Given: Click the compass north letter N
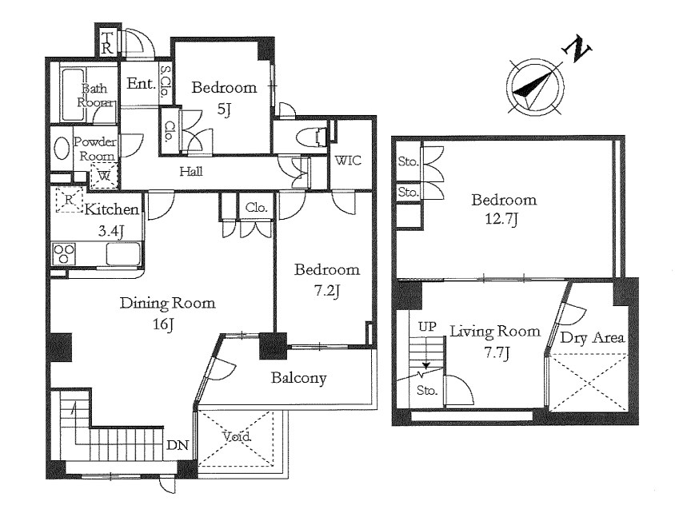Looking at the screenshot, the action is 577,50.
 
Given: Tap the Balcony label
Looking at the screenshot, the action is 298,378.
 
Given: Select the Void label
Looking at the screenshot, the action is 237,437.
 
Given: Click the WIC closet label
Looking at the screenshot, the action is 348,161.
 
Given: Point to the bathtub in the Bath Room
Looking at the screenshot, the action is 71,94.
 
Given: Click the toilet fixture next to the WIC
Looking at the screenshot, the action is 313,137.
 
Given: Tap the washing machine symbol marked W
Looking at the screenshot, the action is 104,176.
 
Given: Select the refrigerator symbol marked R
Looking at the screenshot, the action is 69,200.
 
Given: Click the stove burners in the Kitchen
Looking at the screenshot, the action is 64,253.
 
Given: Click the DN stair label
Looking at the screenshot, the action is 178,445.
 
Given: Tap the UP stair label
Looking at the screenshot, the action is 427,327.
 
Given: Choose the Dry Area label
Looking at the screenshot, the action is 592,338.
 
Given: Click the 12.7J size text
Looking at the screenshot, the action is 501,220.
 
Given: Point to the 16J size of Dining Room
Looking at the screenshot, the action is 162,324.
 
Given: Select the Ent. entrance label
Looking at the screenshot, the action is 141,83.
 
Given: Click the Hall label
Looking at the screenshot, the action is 191,172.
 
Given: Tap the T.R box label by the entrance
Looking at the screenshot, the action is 106,42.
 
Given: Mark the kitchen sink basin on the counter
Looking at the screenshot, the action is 122,254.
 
